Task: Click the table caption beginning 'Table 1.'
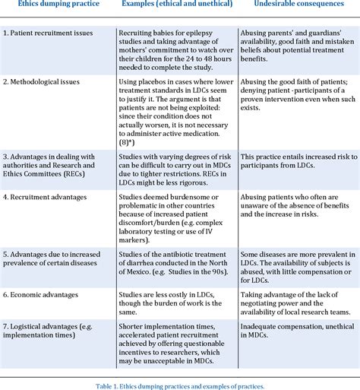(x=180, y=385)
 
